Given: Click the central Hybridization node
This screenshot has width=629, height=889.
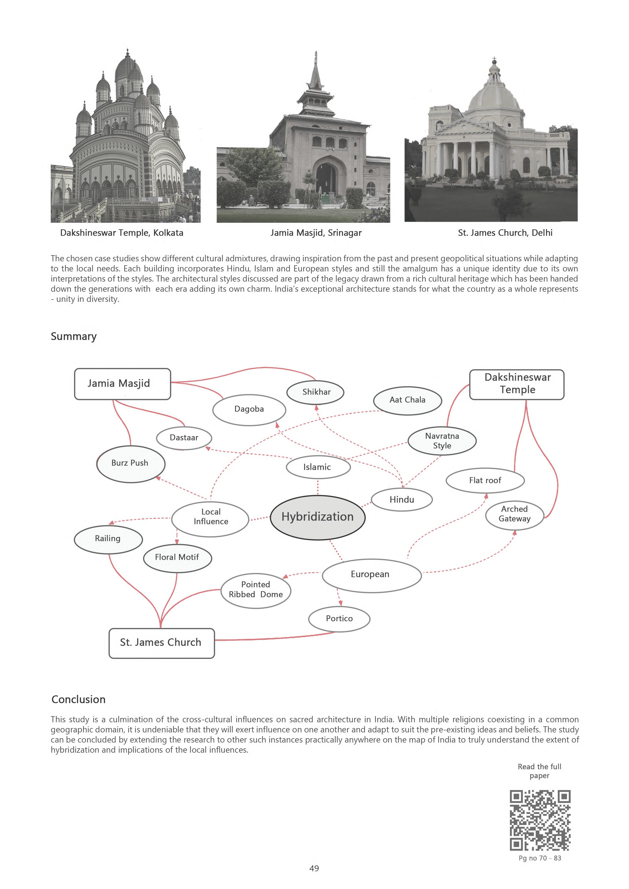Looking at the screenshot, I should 317,517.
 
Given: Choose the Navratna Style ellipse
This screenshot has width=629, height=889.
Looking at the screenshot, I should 442,441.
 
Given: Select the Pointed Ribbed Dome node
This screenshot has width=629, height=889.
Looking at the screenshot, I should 256,590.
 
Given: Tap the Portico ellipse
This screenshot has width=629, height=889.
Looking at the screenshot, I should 339,618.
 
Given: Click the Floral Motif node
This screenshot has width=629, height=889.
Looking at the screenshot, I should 177,557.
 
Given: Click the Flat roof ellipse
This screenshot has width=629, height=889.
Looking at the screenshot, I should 485,480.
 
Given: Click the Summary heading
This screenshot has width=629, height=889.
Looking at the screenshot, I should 74,337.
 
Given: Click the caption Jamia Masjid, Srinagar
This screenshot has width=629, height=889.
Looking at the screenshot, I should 316,233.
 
